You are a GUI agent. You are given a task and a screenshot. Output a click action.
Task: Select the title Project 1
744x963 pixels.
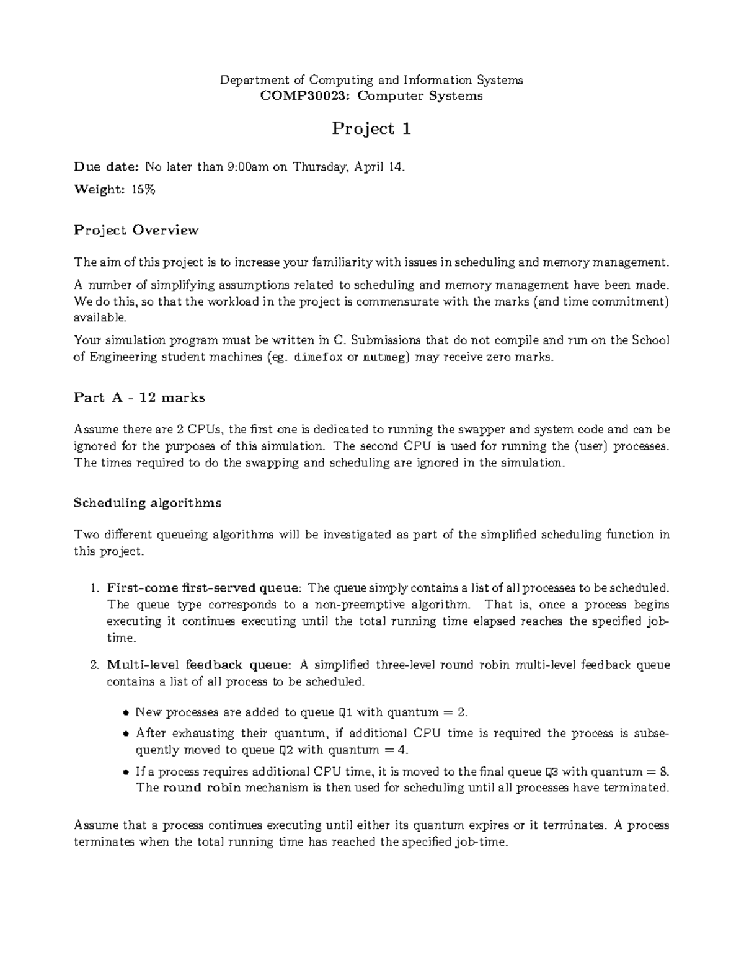371,128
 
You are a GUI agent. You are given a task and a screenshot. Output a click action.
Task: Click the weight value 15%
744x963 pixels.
143,190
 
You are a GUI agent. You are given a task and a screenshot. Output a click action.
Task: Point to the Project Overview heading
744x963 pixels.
136,230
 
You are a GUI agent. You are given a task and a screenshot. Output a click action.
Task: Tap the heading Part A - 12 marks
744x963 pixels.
139,397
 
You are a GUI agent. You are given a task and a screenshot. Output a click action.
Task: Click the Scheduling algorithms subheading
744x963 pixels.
147,502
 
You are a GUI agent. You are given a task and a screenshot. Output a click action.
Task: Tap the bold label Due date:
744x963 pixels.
107,166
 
